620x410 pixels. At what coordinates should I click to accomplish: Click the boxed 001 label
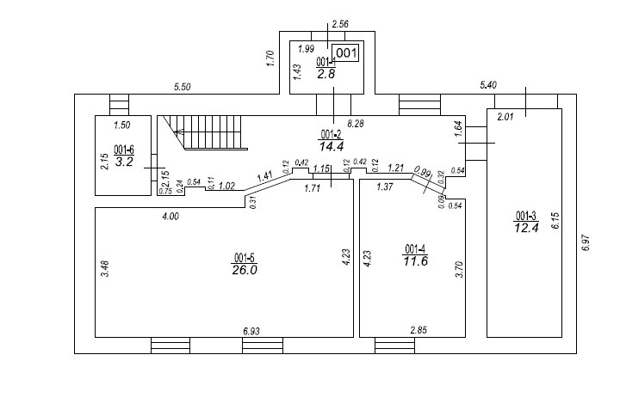click(345, 53)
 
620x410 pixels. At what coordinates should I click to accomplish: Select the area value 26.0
click(245, 269)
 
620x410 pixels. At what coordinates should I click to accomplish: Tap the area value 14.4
click(332, 146)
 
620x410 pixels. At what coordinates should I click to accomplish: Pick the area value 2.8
click(325, 74)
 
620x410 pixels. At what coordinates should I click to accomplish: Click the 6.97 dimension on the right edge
click(586, 242)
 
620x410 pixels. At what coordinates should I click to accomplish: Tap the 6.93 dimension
click(252, 330)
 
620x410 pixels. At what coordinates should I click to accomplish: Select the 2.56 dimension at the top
click(339, 24)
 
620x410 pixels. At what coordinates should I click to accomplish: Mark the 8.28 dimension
click(354, 125)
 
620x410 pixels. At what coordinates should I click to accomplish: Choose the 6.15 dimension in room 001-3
click(555, 222)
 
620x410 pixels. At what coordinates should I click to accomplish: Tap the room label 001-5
click(245, 257)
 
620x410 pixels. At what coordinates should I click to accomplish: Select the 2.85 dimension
click(419, 330)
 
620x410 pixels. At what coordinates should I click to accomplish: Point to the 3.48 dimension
click(104, 268)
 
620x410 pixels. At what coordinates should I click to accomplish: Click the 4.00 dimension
click(170, 217)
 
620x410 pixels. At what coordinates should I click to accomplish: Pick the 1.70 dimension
click(270, 60)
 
